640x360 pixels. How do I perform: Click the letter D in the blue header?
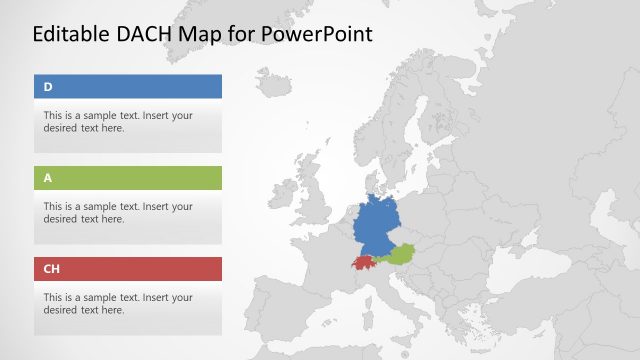(x=48, y=87)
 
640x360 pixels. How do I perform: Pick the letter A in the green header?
(x=48, y=178)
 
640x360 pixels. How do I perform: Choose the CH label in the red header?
(x=52, y=269)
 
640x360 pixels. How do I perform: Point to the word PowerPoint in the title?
(x=317, y=34)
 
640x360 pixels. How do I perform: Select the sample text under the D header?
(x=118, y=121)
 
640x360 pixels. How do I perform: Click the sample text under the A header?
(x=118, y=212)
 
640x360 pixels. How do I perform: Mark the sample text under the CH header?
(x=118, y=303)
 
